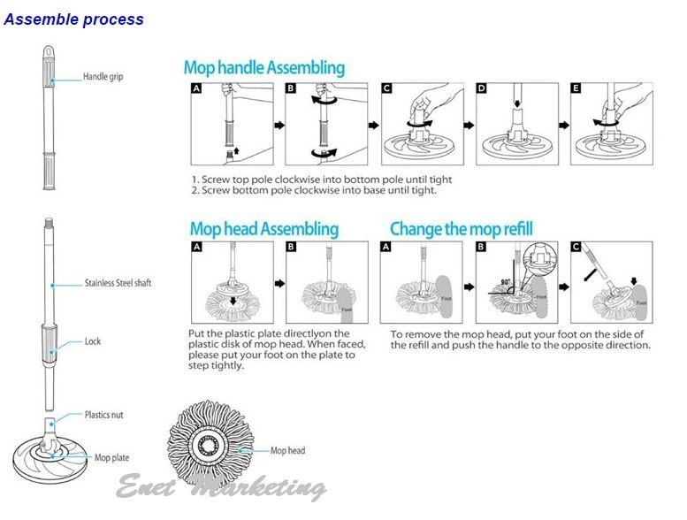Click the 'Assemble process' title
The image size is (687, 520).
(73, 19)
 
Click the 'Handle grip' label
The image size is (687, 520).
(103, 77)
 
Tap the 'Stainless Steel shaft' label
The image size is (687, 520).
(118, 284)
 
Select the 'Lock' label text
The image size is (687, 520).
(92, 340)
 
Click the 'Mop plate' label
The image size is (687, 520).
(112, 458)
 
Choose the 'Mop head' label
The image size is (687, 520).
(288, 451)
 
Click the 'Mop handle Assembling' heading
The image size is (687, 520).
(263, 68)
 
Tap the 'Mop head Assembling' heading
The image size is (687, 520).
(263, 229)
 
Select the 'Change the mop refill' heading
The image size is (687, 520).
(462, 229)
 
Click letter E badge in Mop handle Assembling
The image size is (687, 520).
(577, 89)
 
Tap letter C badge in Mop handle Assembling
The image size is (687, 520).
(387, 89)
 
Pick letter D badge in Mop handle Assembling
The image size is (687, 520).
(482, 89)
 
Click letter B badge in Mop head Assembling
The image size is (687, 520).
(292, 248)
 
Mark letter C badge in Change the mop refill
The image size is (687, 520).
(577, 248)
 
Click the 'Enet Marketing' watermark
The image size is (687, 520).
(221, 487)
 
